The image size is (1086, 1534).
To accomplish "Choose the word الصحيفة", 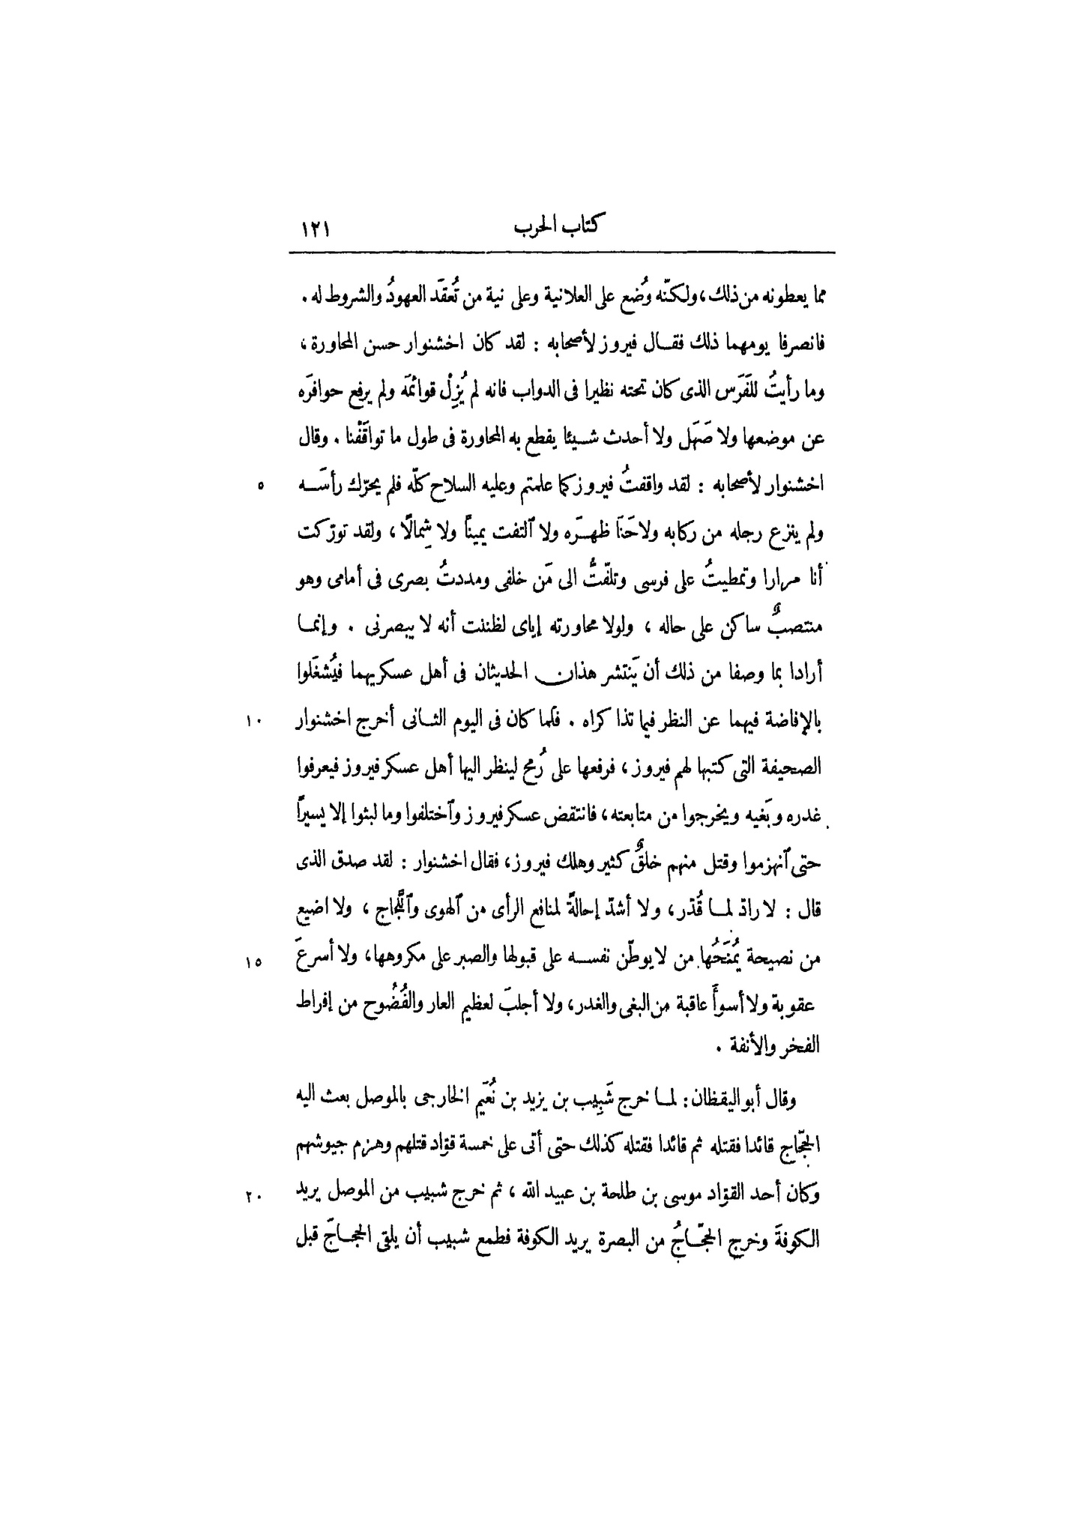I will coord(794,768).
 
